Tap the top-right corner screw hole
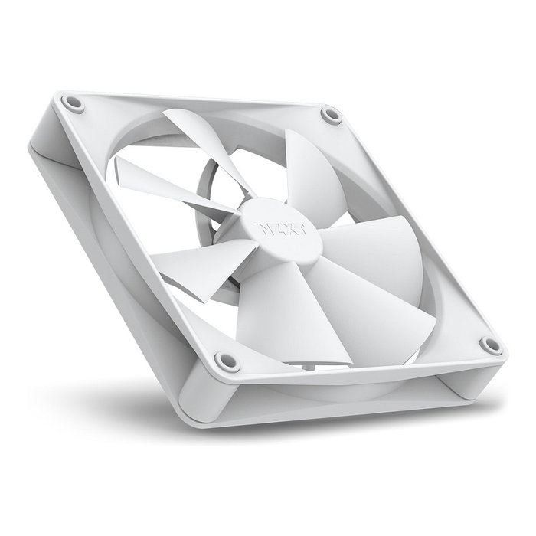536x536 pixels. (331, 116)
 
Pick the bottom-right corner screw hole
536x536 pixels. (490, 345)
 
